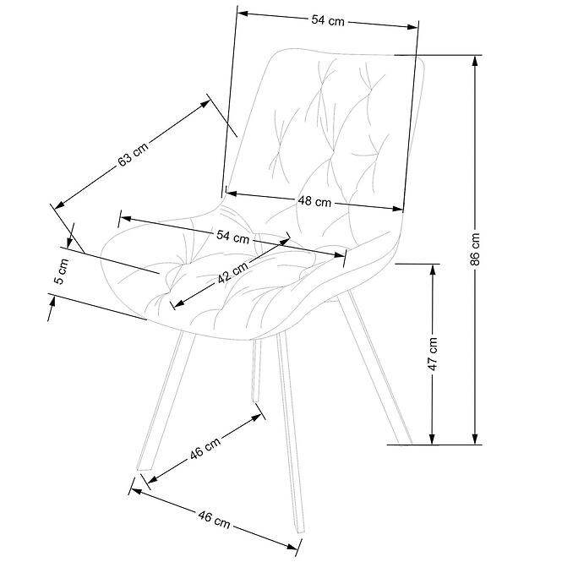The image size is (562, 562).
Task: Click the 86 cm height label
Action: pyautogui.click(x=475, y=248)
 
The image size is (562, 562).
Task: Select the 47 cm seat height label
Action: pyautogui.click(x=433, y=353)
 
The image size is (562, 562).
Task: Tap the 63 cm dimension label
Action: pyautogui.click(x=133, y=155)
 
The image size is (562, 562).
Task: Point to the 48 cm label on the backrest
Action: pyautogui.click(x=314, y=201)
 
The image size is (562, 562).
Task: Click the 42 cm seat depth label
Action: pyautogui.click(x=232, y=272)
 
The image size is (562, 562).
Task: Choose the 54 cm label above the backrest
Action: pyautogui.click(x=328, y=20)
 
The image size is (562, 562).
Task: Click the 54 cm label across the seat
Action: pyautogui.click(x=232, y=237)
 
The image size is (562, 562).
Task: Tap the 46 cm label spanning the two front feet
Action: pyautogui.click(x=214, y=520)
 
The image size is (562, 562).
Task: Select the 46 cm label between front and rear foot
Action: pyautogui.click(x=205, y=448)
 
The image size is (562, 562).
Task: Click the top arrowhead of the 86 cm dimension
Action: pyautogui.click(x=475, y=60)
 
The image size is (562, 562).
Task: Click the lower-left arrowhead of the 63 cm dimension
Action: pyautogui.click(x=59, y=205)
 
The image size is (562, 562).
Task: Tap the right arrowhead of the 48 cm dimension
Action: pyautogui.click(x=398, y=209)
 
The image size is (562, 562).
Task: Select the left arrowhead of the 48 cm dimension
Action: pyautogui.click(x=232, y=194)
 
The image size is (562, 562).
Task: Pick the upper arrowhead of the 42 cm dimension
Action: pyautogui.click(x=285, y=241)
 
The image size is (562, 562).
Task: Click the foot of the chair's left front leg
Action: pyautogui.click(x=145, y=468)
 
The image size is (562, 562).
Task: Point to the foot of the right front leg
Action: pyautogui.click(x=300, y=530)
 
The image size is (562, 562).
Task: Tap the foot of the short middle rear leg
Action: pyautogui.click(x=255, y=399)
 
